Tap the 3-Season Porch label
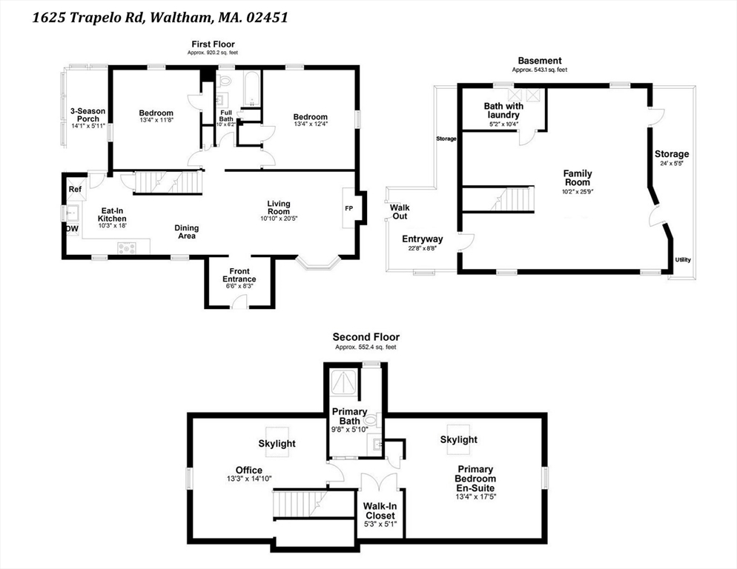[88, 115]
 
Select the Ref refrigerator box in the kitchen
[75, 189]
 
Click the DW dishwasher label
[72, 229]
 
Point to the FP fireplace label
[348, 208]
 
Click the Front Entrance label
[239, 276]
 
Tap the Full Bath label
[226, 116]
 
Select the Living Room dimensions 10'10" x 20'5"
[279, 219]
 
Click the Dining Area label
[187, 232]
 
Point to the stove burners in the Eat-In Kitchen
[127, 247]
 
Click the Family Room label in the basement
[578, 178]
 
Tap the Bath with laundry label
[503, 110]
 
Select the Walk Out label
[400, 212]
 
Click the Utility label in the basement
[683, 260]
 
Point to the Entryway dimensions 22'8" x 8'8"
[423, 248]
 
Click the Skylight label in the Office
[277, 444]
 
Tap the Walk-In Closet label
[380, 510]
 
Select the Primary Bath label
[350, 416]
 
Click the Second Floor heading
[366, 337]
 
